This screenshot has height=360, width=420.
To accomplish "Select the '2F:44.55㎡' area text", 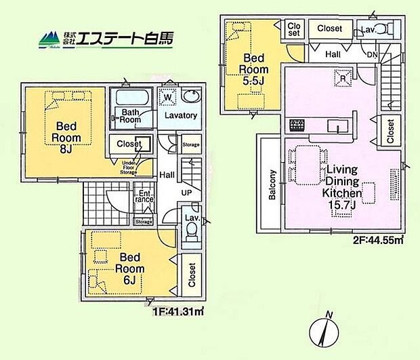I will tap(379, 239).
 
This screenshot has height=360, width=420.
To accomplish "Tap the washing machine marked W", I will tap(167, 98).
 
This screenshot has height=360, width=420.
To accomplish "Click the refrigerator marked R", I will tap(343, 77).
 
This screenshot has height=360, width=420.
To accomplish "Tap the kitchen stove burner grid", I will tap(297, 125).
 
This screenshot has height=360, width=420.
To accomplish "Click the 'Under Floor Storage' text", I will tap(130, 167).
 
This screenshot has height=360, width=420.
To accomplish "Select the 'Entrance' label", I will tap(143, 196).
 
